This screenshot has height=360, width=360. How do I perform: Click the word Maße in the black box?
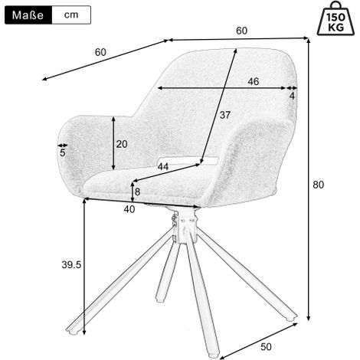click(28, 15)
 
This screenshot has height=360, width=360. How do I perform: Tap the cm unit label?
click(71, 15)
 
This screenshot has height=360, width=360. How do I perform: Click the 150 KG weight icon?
click(335, 18)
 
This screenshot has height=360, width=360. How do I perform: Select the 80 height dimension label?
click(319, 185)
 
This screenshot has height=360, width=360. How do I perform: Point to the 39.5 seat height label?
click(71, 265)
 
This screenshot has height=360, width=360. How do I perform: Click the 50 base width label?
click(266, 347)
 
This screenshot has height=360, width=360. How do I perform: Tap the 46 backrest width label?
click(254, 81)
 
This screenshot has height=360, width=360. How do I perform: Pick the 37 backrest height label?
click(225, 115)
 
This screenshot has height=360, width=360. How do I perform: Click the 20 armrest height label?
click(122, 144)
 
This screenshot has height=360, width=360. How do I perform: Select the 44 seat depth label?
click(163, 167)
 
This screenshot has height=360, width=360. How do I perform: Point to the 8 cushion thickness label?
click(137, 191)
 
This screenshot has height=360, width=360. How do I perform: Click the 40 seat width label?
click(129, 209)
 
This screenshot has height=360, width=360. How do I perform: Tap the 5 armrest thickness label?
click(63, 153)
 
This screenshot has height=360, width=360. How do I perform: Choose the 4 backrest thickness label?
click(292, 96)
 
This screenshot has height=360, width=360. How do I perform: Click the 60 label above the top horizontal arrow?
click(241, 31)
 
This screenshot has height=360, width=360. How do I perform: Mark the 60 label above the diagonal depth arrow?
click(100, 52)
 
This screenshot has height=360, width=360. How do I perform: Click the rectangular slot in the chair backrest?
click(188, 160)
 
